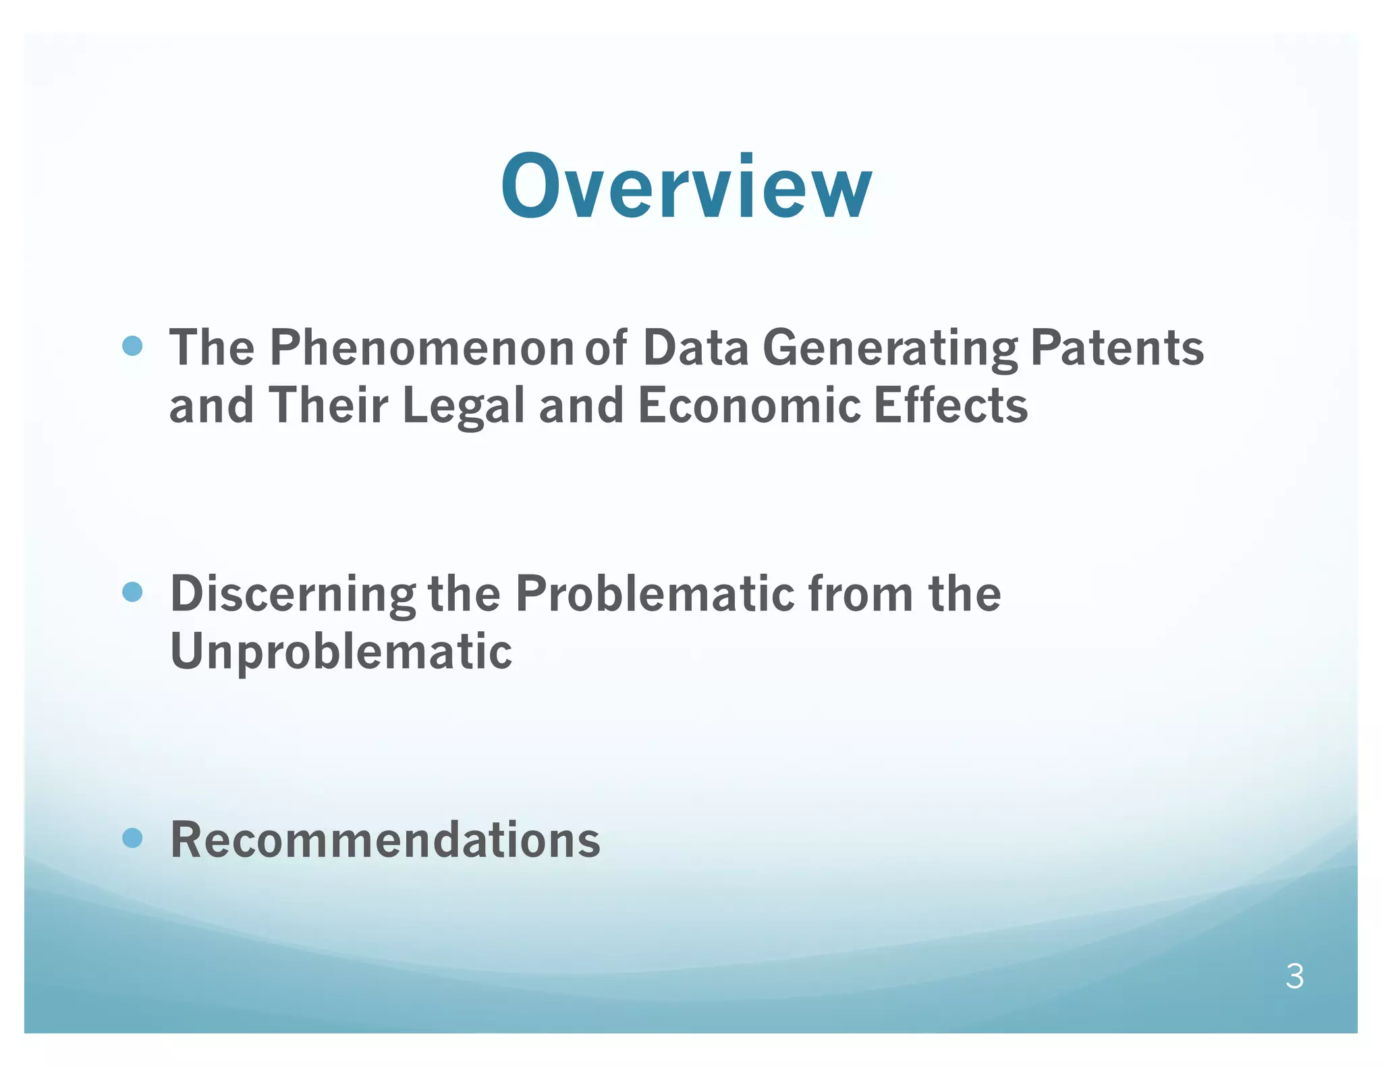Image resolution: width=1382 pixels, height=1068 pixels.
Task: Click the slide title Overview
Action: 686,186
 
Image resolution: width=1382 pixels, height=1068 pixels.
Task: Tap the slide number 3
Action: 1294,976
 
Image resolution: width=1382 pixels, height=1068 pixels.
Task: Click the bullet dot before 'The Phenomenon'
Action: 133,346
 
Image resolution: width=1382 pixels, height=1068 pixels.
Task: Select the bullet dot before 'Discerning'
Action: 133,592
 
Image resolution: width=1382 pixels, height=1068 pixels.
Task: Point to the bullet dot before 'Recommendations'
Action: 133,838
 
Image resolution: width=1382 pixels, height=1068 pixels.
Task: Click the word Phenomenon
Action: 422,348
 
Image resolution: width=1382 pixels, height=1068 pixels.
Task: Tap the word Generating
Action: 889,348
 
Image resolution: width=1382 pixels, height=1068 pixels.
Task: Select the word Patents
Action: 1117,348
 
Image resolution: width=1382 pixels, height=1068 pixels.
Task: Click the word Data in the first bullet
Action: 696,348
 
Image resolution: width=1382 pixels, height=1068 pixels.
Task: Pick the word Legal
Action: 464,406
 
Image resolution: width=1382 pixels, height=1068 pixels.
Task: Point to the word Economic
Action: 749,406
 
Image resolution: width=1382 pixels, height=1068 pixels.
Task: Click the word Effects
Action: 951,406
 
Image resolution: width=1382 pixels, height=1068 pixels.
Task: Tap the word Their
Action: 329,406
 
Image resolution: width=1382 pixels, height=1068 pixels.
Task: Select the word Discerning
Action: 293,593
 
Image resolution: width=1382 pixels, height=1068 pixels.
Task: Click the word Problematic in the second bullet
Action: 655,593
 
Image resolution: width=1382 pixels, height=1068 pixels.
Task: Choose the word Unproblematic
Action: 341,651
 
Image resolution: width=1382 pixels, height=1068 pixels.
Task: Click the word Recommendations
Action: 385,839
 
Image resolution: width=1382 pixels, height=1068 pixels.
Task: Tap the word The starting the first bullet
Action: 212,348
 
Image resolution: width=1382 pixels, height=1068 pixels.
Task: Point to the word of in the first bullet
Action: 606,348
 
